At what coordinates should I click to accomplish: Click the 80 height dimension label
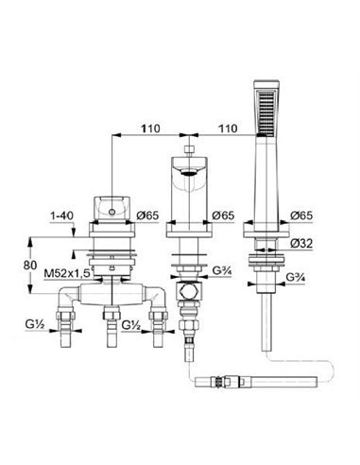point(30,265)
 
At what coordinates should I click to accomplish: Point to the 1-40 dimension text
point(61,215)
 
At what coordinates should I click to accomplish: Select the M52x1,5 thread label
point(68,273)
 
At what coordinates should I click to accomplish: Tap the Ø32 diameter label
point(301,244)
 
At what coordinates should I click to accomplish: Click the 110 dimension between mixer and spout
point(150,129)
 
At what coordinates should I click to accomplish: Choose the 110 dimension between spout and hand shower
point(228,129)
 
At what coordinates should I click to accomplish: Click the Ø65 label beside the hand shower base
point(301,215)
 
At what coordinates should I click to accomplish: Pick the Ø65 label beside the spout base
point(223,215)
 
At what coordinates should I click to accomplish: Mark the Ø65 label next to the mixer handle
point(147,215)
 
